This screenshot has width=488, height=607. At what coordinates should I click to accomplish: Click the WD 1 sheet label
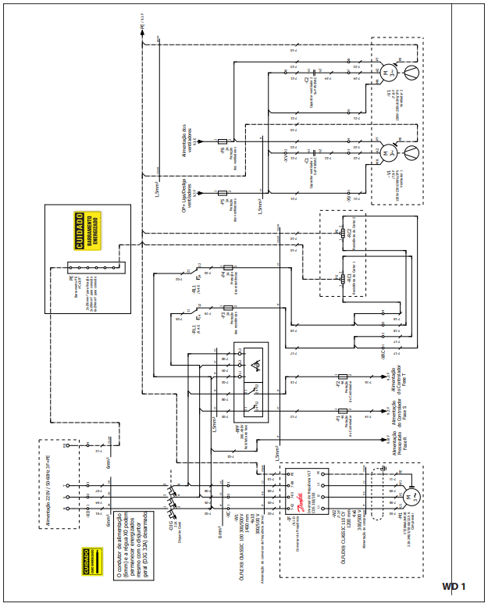click(454, 586)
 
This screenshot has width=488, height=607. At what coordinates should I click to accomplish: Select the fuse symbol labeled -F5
click(223, 191)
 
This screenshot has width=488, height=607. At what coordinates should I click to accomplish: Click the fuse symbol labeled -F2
click(342, 377)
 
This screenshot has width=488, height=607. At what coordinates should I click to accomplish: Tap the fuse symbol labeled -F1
click(342, 411)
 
